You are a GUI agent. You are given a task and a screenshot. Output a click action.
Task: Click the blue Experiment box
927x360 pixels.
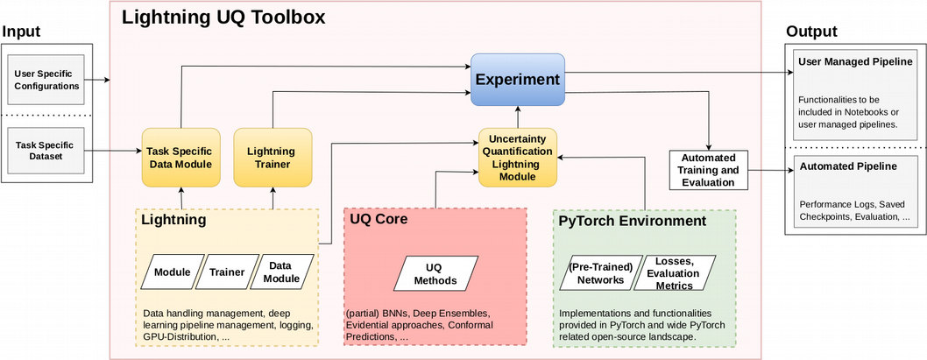518,80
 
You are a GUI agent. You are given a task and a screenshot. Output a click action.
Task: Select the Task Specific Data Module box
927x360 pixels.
178,157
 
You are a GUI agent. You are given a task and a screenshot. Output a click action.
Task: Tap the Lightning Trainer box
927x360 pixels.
272,157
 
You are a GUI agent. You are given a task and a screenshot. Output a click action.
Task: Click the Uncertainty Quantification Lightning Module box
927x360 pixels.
517,158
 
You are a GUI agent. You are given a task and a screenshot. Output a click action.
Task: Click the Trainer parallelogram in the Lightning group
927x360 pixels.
226,272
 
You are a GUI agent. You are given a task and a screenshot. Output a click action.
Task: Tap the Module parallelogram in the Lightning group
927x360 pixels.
172,272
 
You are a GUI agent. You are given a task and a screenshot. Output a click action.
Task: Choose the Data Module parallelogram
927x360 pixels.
280,272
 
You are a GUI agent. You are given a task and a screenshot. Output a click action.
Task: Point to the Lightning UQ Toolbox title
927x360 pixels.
223,17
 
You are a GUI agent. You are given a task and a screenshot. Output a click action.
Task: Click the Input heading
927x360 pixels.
22,32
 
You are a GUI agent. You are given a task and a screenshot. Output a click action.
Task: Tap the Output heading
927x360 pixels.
810,32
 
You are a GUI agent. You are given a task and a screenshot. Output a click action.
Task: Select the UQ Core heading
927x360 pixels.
379,219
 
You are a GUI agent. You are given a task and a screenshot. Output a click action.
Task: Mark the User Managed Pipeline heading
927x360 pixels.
855,61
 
